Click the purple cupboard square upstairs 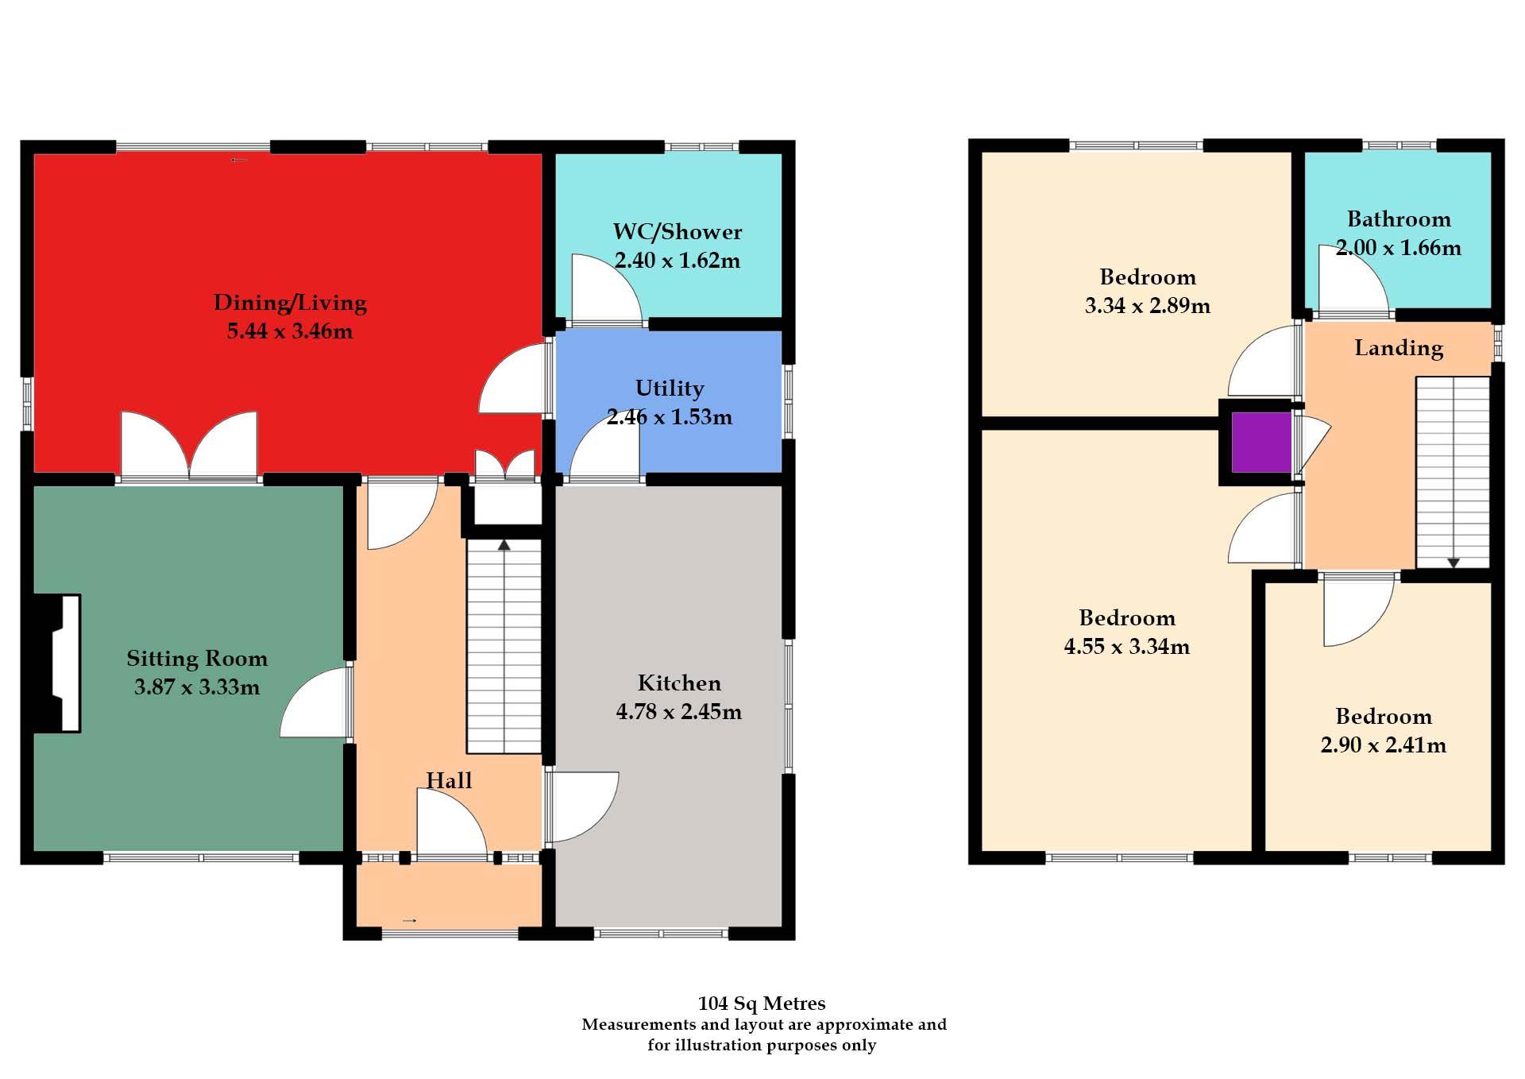pos(1261,443)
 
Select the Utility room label pos(670,389)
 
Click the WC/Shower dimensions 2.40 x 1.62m pos(678,261)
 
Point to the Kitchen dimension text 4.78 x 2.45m pos(679,711)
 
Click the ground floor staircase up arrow pos(504,546)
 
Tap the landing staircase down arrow pos(1454,563)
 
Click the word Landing pos(1399,348)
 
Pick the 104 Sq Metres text pos(762,1004)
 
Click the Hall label pos(449,780)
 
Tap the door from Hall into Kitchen pos(581,806)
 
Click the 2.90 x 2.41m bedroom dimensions pos(1383,745)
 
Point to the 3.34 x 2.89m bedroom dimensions pos(1147,306)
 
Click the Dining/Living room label pos(290,303)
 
